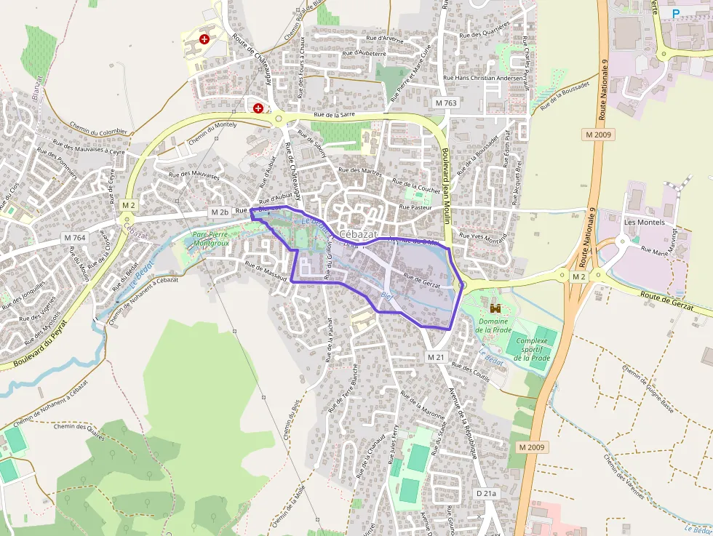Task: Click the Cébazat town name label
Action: [x=359, y=234]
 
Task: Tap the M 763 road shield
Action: [x=446, y=103]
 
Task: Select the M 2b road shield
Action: [x=219, y=212]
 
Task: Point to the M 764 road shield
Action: [x=74, y=238]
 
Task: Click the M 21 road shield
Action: [x=435, y=357]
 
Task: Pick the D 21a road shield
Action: [x=486, y=493]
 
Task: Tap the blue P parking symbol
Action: [x=676, y=13]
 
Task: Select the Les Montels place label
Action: [x=645, y=222]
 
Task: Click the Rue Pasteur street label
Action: [x=416, y=207]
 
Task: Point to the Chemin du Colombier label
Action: [x=99, y=129]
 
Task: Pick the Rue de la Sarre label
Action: [x=334, y=114]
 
